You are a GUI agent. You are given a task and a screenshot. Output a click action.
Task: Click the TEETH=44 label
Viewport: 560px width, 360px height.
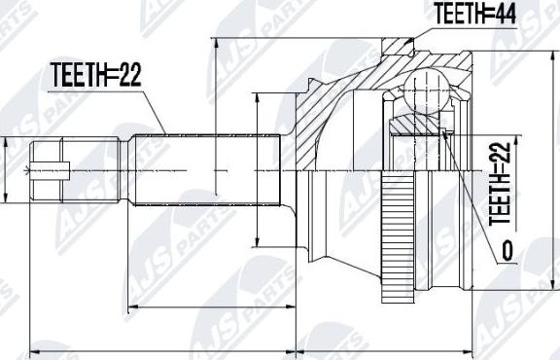pos(474,14)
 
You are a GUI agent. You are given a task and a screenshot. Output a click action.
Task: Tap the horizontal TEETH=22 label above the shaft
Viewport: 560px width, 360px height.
pos(95,75)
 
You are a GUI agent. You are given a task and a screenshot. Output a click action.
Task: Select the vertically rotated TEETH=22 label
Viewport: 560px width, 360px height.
pos(500,184)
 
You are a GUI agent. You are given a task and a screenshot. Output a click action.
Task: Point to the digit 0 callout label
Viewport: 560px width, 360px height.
pos(507,250)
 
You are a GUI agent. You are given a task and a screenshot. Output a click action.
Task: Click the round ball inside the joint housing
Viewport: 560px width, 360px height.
pos(427,90)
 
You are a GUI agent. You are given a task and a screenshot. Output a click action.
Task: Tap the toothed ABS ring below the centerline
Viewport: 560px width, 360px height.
pos(398,236)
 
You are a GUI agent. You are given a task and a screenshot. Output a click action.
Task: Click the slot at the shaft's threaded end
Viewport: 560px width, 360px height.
pos(50,170)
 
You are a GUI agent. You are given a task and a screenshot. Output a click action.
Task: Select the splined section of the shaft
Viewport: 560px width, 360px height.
pos(206,170)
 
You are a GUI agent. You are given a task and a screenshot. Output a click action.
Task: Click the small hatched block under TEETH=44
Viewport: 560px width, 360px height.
pos(398,46)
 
